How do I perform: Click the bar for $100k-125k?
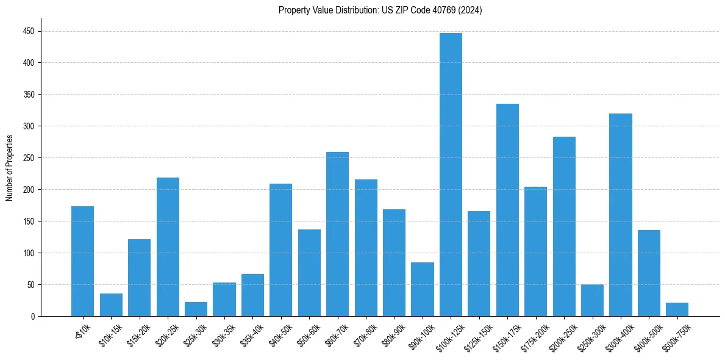[x=451, y=175]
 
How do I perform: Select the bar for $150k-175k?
[x=507, y=210]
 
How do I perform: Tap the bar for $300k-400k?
[x=621, y=215]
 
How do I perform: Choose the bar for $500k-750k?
[x=677, y=309]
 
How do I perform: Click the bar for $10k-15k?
[x=111, y=305]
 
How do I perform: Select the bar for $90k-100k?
[x=423, y=289]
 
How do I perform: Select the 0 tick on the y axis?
[x=35, y=317]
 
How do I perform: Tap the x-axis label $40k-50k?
[x=279, y=334]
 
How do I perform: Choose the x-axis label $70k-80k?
[x=363, y=334]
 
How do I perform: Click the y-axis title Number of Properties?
[x=9, y=168]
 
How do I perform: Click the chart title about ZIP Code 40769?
[x=380, y=10]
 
